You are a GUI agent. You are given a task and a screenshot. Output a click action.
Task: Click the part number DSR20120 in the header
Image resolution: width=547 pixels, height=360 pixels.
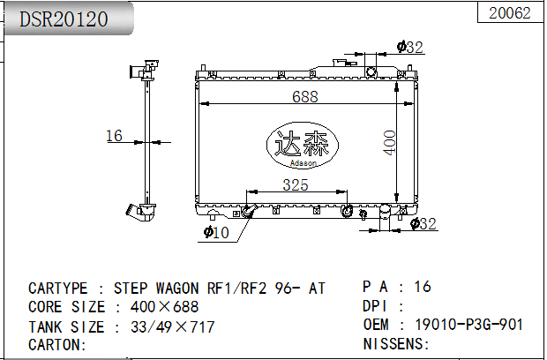tap(64, 19)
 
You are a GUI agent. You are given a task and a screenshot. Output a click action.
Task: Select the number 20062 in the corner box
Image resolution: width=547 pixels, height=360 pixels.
tap(510, 13)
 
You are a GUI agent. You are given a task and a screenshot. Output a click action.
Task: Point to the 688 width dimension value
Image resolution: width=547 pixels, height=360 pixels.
tap(305, 97)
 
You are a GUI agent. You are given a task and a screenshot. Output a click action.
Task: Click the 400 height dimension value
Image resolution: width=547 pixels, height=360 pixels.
tap(390, 142)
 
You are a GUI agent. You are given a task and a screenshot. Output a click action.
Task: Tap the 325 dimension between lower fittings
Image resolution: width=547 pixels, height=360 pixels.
tap(296, 185)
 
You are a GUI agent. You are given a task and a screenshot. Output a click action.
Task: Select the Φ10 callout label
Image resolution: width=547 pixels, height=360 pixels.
tap(216, 232)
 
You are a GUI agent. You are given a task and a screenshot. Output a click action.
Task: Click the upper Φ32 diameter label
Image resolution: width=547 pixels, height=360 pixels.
tap(410, 47)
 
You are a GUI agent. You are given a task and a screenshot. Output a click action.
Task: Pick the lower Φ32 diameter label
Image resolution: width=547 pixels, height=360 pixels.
tap(423, 223)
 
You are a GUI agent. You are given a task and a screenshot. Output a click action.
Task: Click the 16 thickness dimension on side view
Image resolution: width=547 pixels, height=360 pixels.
tap(114, 136)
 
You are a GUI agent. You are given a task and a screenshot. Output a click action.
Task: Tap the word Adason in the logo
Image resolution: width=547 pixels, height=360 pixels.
tap(303, 163)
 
